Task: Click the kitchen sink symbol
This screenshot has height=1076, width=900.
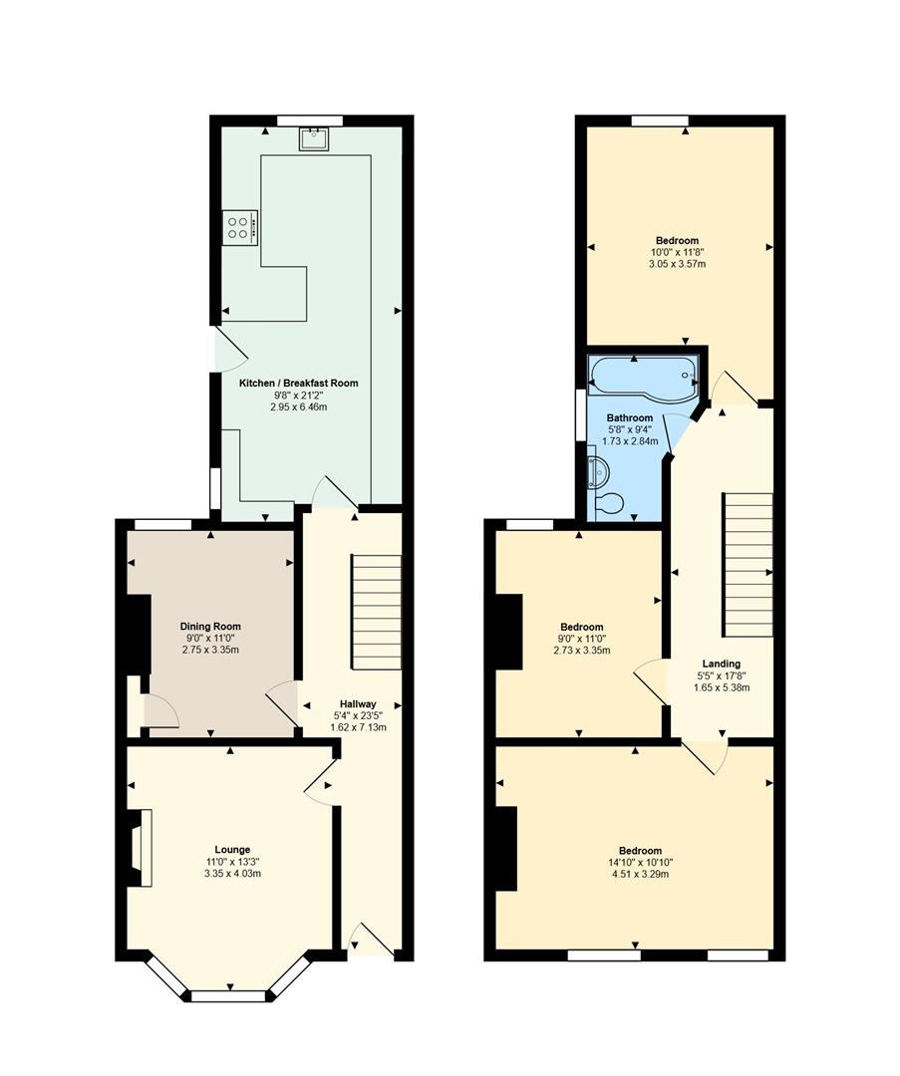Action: click(314, 138)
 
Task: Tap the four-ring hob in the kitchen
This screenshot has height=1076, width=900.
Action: click(239, 227)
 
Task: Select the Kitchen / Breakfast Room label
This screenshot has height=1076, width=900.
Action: click(299, 383)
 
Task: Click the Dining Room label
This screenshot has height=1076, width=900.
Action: click(210, 626)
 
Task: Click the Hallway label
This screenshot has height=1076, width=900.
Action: click(359, 703)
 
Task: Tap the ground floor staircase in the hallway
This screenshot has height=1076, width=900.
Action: click(376, 612)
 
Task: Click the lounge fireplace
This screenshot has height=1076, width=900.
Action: click(139, 848)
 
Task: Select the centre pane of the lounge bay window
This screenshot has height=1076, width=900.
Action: click(228, 996)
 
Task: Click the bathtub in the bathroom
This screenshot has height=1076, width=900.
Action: click(643, 376)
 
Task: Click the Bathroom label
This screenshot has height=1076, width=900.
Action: click(630, 417)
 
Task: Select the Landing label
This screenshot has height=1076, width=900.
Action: click(721, 664)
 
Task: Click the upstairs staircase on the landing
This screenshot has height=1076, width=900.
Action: click(747, 565)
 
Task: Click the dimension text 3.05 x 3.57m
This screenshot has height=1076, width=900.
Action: click(677, 263)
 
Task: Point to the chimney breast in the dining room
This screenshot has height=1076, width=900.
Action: click(139, 635)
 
